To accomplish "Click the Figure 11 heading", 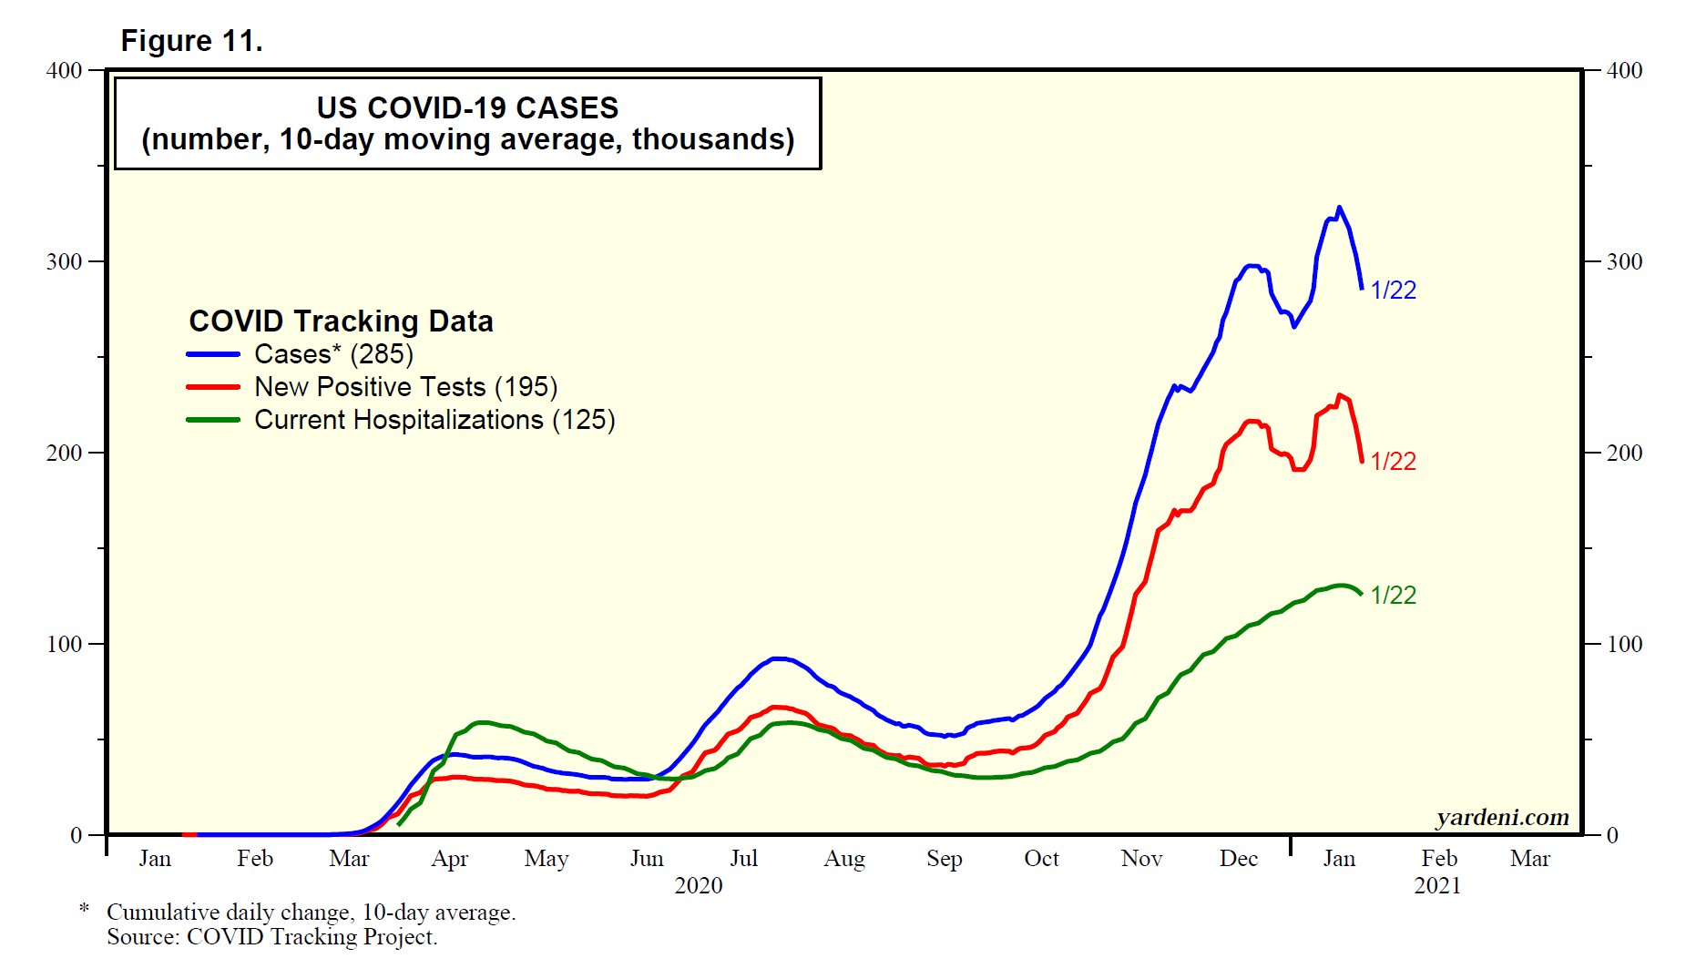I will click(191, 41).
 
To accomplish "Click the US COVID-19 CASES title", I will click(467, 108).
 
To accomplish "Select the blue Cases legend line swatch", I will click(213, 354).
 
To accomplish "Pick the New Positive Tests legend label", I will click(405, 387).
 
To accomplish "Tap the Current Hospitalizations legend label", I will click(434, 420).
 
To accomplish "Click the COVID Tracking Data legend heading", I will click(341, 321).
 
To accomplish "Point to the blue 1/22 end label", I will click(1393, 291).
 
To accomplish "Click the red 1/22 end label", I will click(1393, 462).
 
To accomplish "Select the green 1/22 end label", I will click(1393, 596).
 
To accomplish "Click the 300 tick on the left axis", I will click(64, 262).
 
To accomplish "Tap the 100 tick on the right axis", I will click(1624, 645).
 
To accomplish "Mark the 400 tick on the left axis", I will click(64, 71).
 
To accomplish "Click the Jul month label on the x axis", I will click(743, 859).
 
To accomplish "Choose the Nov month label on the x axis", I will click(1141, 859).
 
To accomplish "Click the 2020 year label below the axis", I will click(698, 886).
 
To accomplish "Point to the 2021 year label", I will click(1436, 886).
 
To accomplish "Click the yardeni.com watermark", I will click(1502, 818).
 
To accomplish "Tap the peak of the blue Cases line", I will click(1338, 209).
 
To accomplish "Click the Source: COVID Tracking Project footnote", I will click(271, 937).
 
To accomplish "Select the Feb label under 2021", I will click(1439, 859).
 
